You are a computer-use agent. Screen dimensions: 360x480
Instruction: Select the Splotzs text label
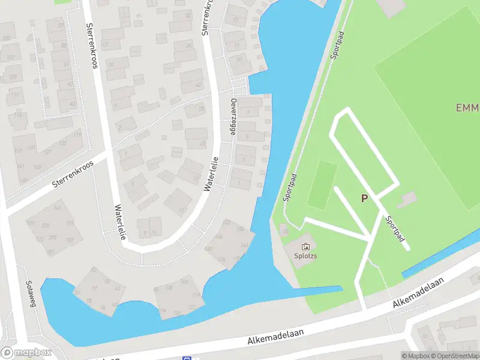tap(305, 255)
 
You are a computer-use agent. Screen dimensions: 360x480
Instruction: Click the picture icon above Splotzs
tap(305, 245)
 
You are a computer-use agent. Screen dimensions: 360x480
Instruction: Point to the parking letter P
tap(364, 198)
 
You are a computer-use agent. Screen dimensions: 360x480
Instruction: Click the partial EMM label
tap(467, 108)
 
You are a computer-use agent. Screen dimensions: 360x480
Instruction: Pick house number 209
tap(46, 226)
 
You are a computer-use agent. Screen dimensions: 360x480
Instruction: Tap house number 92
tap(94, 288)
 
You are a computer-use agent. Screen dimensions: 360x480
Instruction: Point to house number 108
tap(184, 281)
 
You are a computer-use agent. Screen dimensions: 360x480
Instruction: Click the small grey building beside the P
tap(408, 197)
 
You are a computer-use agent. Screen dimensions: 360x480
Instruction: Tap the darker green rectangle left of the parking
tap(322, 184)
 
